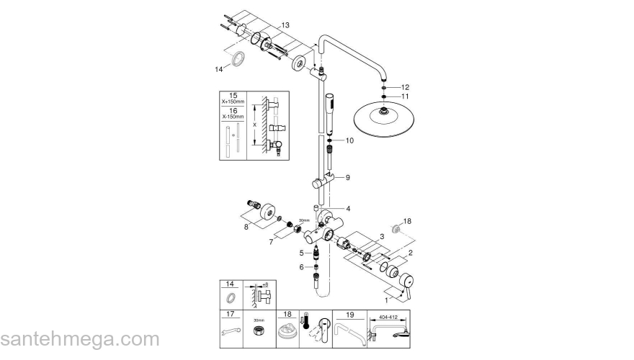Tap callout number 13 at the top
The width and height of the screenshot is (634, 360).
285,25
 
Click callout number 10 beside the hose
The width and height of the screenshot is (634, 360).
349,141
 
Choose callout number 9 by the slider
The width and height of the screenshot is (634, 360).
347,177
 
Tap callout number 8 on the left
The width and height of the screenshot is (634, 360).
246,227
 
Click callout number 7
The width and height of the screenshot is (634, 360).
270,243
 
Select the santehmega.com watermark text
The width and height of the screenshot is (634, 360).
80,339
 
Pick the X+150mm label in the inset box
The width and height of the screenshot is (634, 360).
233,102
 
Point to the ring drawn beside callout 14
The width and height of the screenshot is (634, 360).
237,59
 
